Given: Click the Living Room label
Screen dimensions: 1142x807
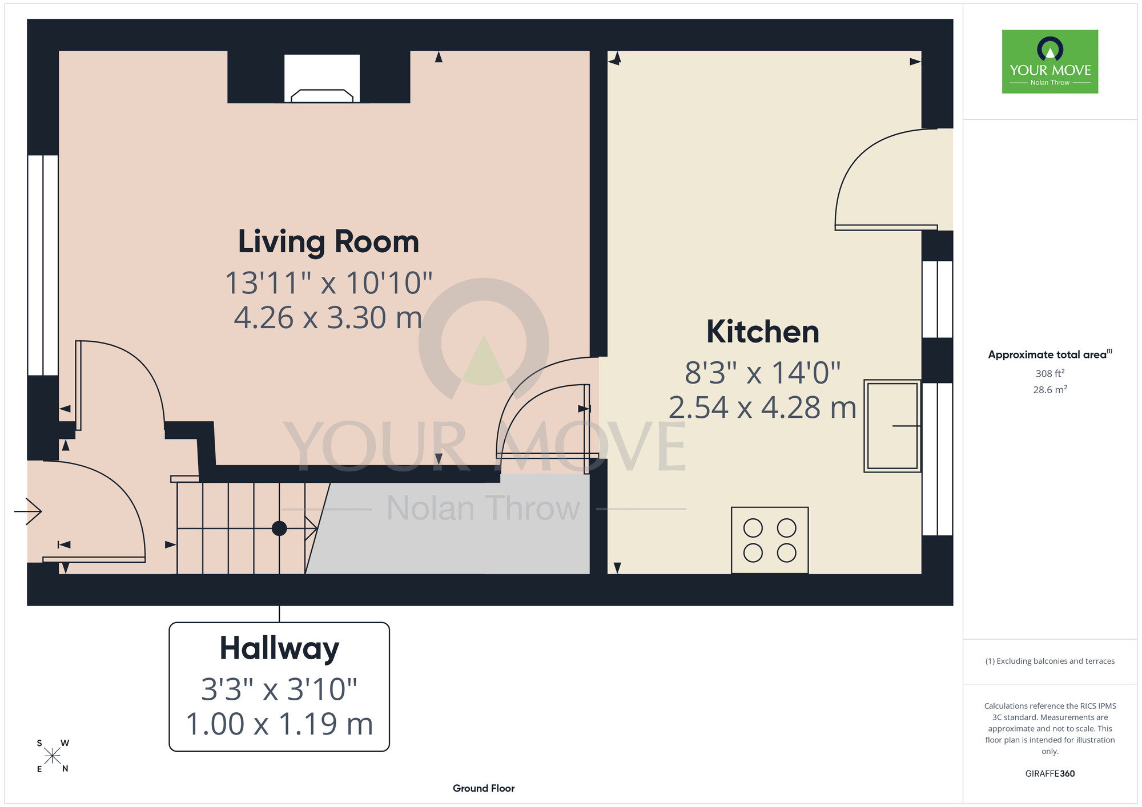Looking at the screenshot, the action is click(x=328, y=241).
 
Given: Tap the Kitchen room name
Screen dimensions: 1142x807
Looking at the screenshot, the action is click(x=763, y=332).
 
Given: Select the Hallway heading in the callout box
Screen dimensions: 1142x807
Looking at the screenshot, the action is click(x=279, y=649).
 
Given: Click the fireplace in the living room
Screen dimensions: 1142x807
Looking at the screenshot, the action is click(x=322, y=78).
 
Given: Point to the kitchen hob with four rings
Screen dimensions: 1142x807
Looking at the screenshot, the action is click(x=770, y=540).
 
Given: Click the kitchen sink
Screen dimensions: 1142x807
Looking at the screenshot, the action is click(x=892, y=426).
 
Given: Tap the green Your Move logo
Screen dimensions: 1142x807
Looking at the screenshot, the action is click(x=1050, y=62).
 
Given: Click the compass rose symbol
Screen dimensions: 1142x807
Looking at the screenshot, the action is click(x=53, y=756).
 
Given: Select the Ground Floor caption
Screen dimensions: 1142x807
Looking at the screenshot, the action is click(x=484, y=788).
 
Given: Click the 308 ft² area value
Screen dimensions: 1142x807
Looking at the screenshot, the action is click(x=1050, y=373).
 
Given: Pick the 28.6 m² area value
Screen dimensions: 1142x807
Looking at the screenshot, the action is click(x=1050, y=390).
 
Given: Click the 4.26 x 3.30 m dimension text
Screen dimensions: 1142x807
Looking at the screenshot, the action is click(x=328, y=318).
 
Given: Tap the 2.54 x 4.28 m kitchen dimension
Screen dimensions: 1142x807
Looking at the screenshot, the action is click(x=762, y=407).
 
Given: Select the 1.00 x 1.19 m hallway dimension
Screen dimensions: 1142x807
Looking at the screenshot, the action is click(x=279, y=724).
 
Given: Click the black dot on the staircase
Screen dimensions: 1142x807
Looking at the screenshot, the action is click(x=279, y=528).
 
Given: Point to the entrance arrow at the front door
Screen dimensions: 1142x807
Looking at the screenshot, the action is click(x=28, y=511).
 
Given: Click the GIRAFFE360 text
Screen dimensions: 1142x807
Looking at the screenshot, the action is click(x=1050, y=774).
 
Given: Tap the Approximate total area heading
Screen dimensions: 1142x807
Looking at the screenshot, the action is click(x=1050, y=354).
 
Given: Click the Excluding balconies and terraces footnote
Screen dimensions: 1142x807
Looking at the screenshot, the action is click(x=1050, y=661).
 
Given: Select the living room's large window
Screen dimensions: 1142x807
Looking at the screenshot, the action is click(x=43, y=265).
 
